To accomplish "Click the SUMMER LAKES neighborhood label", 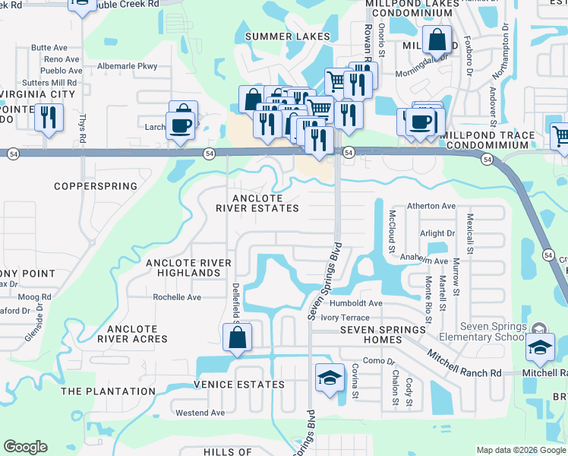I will [x=288, y=36].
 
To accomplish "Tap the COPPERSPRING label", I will [x=96, y=186].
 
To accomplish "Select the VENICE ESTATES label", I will [x=238, y=385].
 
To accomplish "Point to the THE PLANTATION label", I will [x=108, y=391].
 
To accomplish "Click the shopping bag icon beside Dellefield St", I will [x=237, y=339].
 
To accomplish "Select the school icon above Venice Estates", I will [x=328, y=378].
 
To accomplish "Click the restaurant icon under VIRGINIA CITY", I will [x=49, y=119].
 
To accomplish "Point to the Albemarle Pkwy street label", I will [x=127, y=66].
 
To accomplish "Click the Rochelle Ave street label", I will [x=177, y=297].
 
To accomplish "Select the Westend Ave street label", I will [x=200, y=413].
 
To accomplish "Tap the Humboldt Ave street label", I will [x=361, y=303].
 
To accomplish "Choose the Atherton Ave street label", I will [x=431, y=206].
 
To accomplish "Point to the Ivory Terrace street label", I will [x=345, y=317].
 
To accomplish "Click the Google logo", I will [x=25, y=447].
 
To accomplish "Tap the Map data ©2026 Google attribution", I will [x=520, y=450].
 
